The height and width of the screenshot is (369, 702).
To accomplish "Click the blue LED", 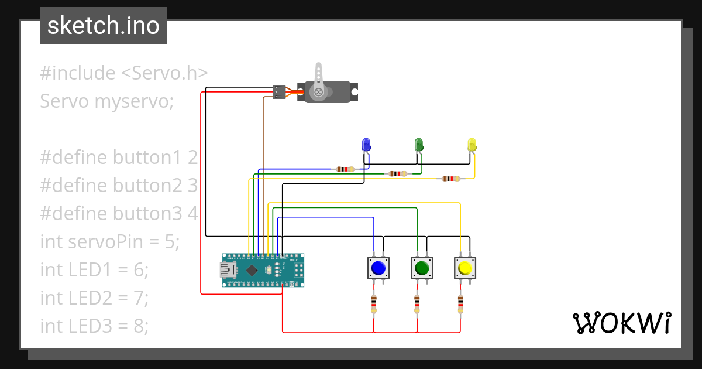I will [366, 144].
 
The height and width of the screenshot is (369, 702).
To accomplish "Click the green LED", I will [419, 144].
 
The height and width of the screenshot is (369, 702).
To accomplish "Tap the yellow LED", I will [472, 144].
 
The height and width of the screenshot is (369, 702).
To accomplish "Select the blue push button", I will [378, 268].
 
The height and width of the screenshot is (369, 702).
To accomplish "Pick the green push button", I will [422, 268].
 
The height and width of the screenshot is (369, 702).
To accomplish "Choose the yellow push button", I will [465, 268].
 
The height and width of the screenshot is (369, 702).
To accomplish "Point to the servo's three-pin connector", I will [280, 93].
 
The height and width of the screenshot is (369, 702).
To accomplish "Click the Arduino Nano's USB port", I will [226, 270].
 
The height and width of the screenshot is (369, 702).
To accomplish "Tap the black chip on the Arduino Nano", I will [252, 270].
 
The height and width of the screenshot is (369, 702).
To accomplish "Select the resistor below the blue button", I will [374, 304].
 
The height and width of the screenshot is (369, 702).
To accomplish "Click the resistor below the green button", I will [417, 304].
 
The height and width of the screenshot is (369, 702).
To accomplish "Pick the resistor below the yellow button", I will [460, 304].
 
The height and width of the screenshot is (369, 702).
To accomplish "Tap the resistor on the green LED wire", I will [397, 173].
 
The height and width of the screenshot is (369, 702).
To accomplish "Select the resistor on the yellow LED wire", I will [450, 179].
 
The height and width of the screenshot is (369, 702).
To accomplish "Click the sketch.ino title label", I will [104, 26].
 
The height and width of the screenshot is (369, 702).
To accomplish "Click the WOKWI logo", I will [621, 323].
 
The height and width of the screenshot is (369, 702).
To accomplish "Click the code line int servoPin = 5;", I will [109, 241].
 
